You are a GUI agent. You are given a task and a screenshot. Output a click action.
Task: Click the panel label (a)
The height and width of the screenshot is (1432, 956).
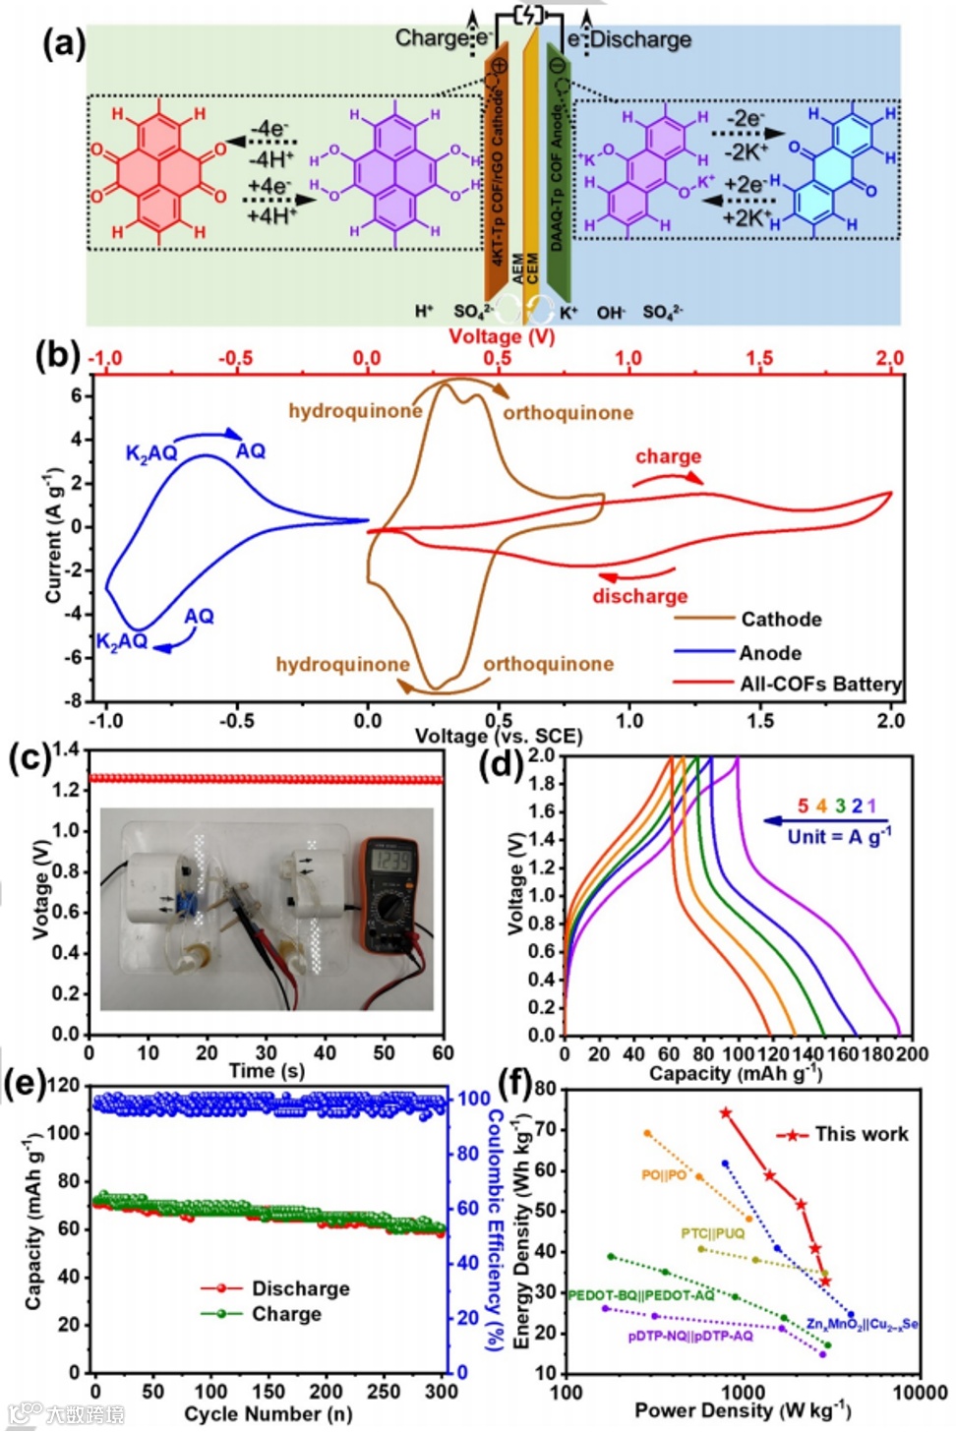(64, 45)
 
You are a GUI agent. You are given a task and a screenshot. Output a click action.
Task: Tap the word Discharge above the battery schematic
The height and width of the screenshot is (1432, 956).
(640, 39)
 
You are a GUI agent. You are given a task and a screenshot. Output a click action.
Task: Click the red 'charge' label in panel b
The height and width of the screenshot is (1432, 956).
(668, 456)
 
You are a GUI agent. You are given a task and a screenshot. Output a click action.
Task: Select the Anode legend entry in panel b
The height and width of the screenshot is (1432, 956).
(770, 653)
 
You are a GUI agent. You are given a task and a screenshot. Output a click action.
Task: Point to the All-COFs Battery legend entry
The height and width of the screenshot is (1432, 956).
(820, 684)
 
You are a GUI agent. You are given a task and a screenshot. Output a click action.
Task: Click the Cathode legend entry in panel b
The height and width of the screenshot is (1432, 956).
(781, 620)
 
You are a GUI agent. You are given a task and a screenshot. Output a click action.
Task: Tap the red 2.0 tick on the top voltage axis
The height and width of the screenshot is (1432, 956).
(889, 358)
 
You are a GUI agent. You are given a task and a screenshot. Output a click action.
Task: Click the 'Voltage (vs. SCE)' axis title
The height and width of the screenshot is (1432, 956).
(499, 736)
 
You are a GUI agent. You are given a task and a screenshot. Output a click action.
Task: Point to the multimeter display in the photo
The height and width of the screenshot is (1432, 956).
(389, 863)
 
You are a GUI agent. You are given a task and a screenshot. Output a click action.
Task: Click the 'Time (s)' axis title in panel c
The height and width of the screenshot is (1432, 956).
(267, 1071)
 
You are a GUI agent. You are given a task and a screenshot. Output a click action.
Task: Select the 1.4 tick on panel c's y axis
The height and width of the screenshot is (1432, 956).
(66, 750)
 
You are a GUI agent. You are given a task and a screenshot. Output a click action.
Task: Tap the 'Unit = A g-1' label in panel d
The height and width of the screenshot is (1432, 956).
(839, 836)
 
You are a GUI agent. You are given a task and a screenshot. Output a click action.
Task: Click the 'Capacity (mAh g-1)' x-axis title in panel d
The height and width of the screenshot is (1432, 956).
(736, 1073)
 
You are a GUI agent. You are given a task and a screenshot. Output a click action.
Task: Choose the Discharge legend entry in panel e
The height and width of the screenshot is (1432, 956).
(300, 1288)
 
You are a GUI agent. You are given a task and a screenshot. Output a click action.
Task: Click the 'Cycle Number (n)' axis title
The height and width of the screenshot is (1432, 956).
(268, 1414)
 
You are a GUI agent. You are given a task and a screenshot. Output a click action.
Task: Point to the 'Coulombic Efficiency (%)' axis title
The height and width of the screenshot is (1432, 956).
(497, 1230)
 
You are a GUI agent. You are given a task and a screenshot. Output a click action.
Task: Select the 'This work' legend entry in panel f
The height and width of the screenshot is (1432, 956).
(861, 1134)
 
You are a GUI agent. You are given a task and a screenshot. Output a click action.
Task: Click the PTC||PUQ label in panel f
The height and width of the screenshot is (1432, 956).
(713, 1233)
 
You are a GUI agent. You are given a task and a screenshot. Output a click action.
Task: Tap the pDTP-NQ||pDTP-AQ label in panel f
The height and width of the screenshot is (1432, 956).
(690, 1336)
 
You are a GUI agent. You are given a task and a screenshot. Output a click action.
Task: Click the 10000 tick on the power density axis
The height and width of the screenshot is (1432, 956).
(920, 1393)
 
